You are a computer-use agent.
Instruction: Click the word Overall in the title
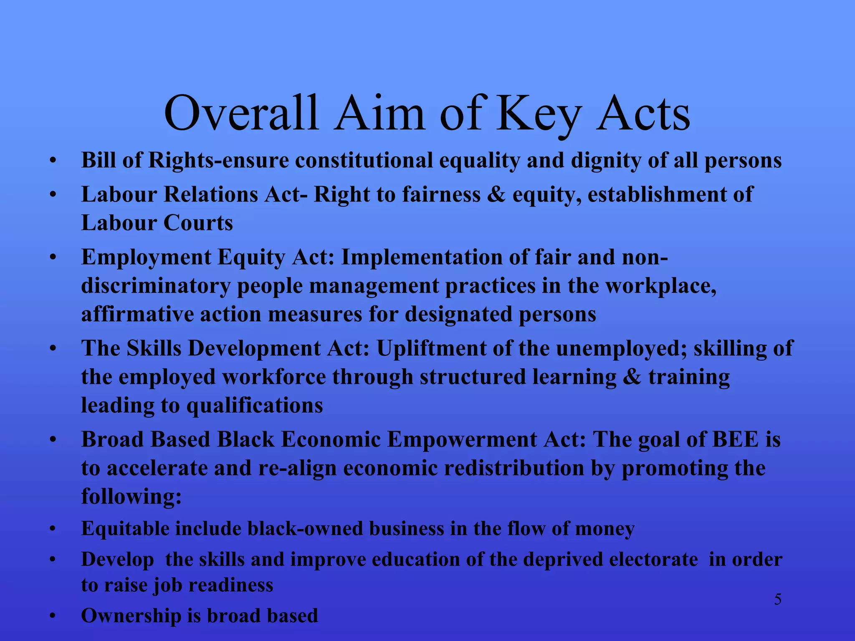241,114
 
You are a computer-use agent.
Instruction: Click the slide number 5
778,600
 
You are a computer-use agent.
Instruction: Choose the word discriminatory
155,286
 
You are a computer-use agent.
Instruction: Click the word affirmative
137,315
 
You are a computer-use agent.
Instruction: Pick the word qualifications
254,406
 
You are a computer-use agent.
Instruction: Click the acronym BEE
735,440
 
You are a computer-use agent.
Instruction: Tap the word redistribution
514,468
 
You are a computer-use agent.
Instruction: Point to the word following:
132,497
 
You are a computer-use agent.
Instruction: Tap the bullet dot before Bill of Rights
52,161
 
